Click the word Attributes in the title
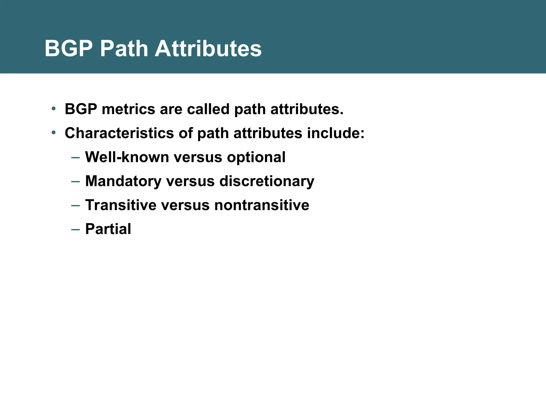click(208, 49)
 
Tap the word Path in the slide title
click(124, 49)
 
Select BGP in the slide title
click(69, 49)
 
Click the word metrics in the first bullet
click(128, 109)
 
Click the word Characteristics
click(119, 133)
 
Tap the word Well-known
click(127, 157)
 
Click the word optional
click(256, 157)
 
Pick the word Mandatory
click(123, 181)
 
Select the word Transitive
click(121, 205)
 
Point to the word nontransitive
click(262, 205)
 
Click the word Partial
click(108, 229)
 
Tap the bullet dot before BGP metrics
click(54, 108)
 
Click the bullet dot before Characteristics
click(54, 132)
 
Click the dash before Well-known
click(75, 157)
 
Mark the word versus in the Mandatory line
click(190, 181)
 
